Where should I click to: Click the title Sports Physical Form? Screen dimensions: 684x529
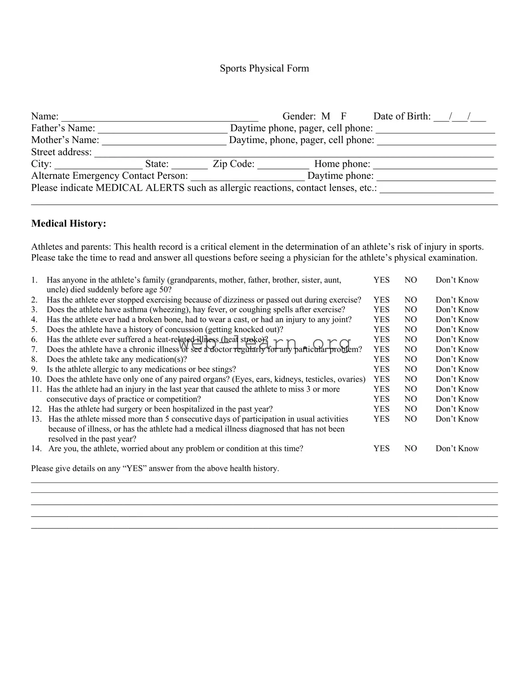tap(264, 68)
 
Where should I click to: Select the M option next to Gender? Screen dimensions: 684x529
tap(326, 116)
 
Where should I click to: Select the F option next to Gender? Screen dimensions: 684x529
tap(344, 116)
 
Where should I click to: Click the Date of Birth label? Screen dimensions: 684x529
tap(402, 116)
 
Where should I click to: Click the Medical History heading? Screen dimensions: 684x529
tap(68, 224)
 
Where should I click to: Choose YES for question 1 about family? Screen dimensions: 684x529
tap(381, 280)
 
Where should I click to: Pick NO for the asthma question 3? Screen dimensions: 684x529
tap(410, 309)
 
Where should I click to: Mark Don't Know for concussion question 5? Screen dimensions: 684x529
tap(457, 329)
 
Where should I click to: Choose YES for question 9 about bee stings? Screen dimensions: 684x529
tap(381, 369)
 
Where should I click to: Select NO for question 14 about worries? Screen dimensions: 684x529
tap(410, 448)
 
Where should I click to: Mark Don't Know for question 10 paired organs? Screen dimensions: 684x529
tap(457, 379)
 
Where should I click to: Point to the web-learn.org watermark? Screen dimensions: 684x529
tap(265, 343)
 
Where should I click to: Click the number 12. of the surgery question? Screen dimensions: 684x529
tap(37, 409)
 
